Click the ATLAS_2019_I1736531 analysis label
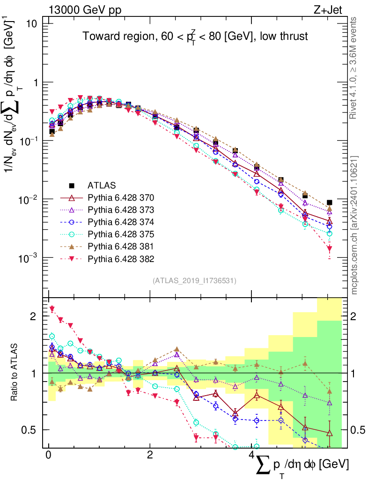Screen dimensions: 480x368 (194, 281)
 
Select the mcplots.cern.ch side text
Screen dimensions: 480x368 (354, 225)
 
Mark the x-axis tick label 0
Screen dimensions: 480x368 (48, 456)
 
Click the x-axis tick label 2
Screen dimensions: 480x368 (149, 456)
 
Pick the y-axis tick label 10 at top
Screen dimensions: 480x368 (31, 24)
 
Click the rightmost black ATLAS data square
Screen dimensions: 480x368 (330, 202)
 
